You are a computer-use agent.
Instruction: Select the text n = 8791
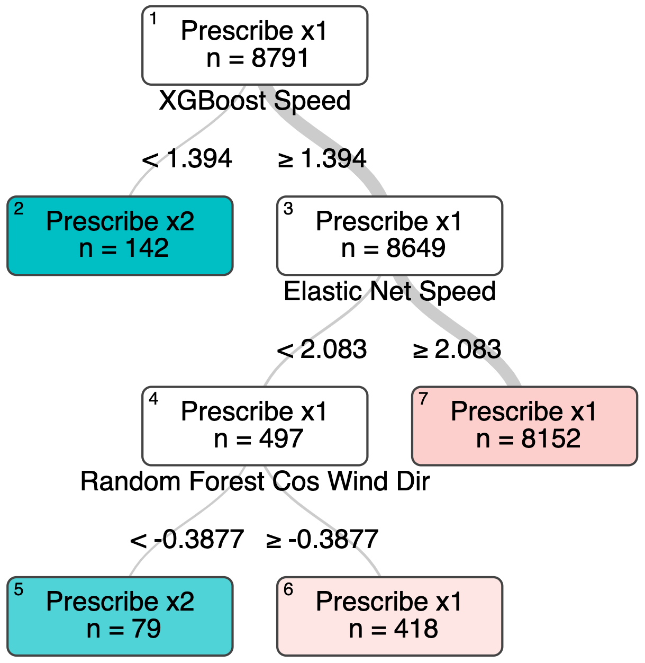(x=257, y=58)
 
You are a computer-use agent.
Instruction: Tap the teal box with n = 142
(x=120, y=236)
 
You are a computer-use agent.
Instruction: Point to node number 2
(x=19, y=210)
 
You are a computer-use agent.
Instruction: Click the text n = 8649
(x=393, y=248)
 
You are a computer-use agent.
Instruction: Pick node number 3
(x=288, y=210)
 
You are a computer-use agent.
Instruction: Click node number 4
(x=153, y=399)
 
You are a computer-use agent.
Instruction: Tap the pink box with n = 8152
(x=524, y=426)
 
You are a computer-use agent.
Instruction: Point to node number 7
(x=423, y=399)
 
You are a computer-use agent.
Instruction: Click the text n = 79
(x=123, y=629)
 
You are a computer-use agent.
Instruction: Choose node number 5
(x=19, y=589)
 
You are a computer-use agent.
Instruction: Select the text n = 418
(x=393, y=629)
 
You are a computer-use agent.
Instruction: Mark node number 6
(x=288, y=589)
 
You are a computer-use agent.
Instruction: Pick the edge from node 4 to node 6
(x=323, y=522)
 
